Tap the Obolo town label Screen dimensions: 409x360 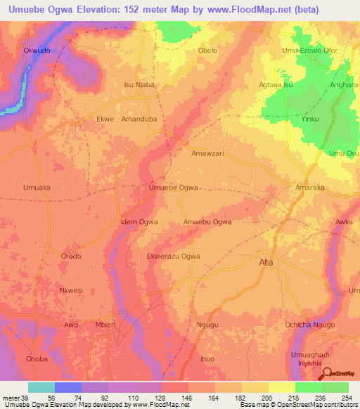pyautogui.click(x=207, y=51)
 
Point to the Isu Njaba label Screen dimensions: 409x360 pyautogui.click(x=139, y=84)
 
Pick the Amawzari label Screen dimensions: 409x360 pyautogui.click(x=207, y=152)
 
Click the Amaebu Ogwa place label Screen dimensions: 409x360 pyautogui.click(x=207, y=222)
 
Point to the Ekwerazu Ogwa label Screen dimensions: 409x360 pyautogui.click(x=173, y=257)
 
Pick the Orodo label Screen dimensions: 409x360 pyautogui.click(x=72, y=257)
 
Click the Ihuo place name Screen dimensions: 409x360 pyautogui.click(x=207, y=359)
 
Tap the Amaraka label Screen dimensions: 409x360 pyautogui.click(x=309, y=188)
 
